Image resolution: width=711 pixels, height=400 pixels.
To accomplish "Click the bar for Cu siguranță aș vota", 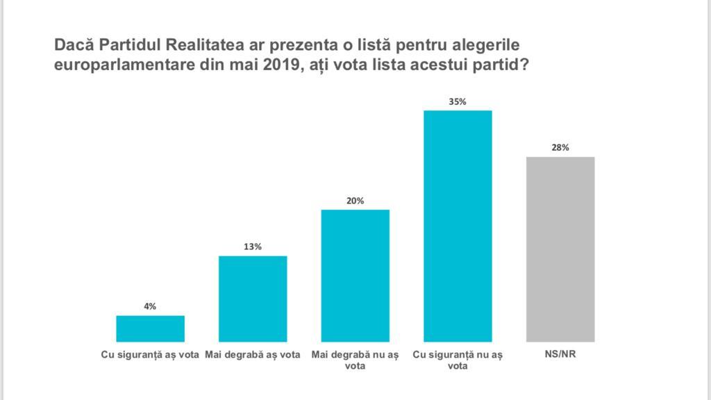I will coord(151,328).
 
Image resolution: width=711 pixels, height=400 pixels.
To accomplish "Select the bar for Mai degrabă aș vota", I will coord(253,299).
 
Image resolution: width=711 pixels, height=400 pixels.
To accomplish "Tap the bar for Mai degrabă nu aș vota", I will coord(355,275).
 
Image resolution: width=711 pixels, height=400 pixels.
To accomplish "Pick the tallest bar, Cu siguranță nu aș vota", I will coord(458,226).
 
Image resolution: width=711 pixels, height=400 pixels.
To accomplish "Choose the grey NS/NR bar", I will coord(560,249).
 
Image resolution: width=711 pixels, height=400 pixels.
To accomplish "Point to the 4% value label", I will coord(151,306).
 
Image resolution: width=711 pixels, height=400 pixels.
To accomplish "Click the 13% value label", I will coord(253,247).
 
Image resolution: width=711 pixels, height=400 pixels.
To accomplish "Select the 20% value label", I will coord(355,201).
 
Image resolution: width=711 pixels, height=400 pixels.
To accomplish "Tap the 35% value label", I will coord(458,101).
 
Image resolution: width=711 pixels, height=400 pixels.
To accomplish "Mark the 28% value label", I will coord(560,148).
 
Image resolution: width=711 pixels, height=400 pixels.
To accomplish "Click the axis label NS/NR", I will coord(560,354).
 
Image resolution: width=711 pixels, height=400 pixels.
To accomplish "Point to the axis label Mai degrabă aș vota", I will coord(253,354).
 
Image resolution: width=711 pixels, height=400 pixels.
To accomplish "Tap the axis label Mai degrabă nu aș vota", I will coord(355,360).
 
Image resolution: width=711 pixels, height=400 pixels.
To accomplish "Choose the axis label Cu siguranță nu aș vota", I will coord(458,360).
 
